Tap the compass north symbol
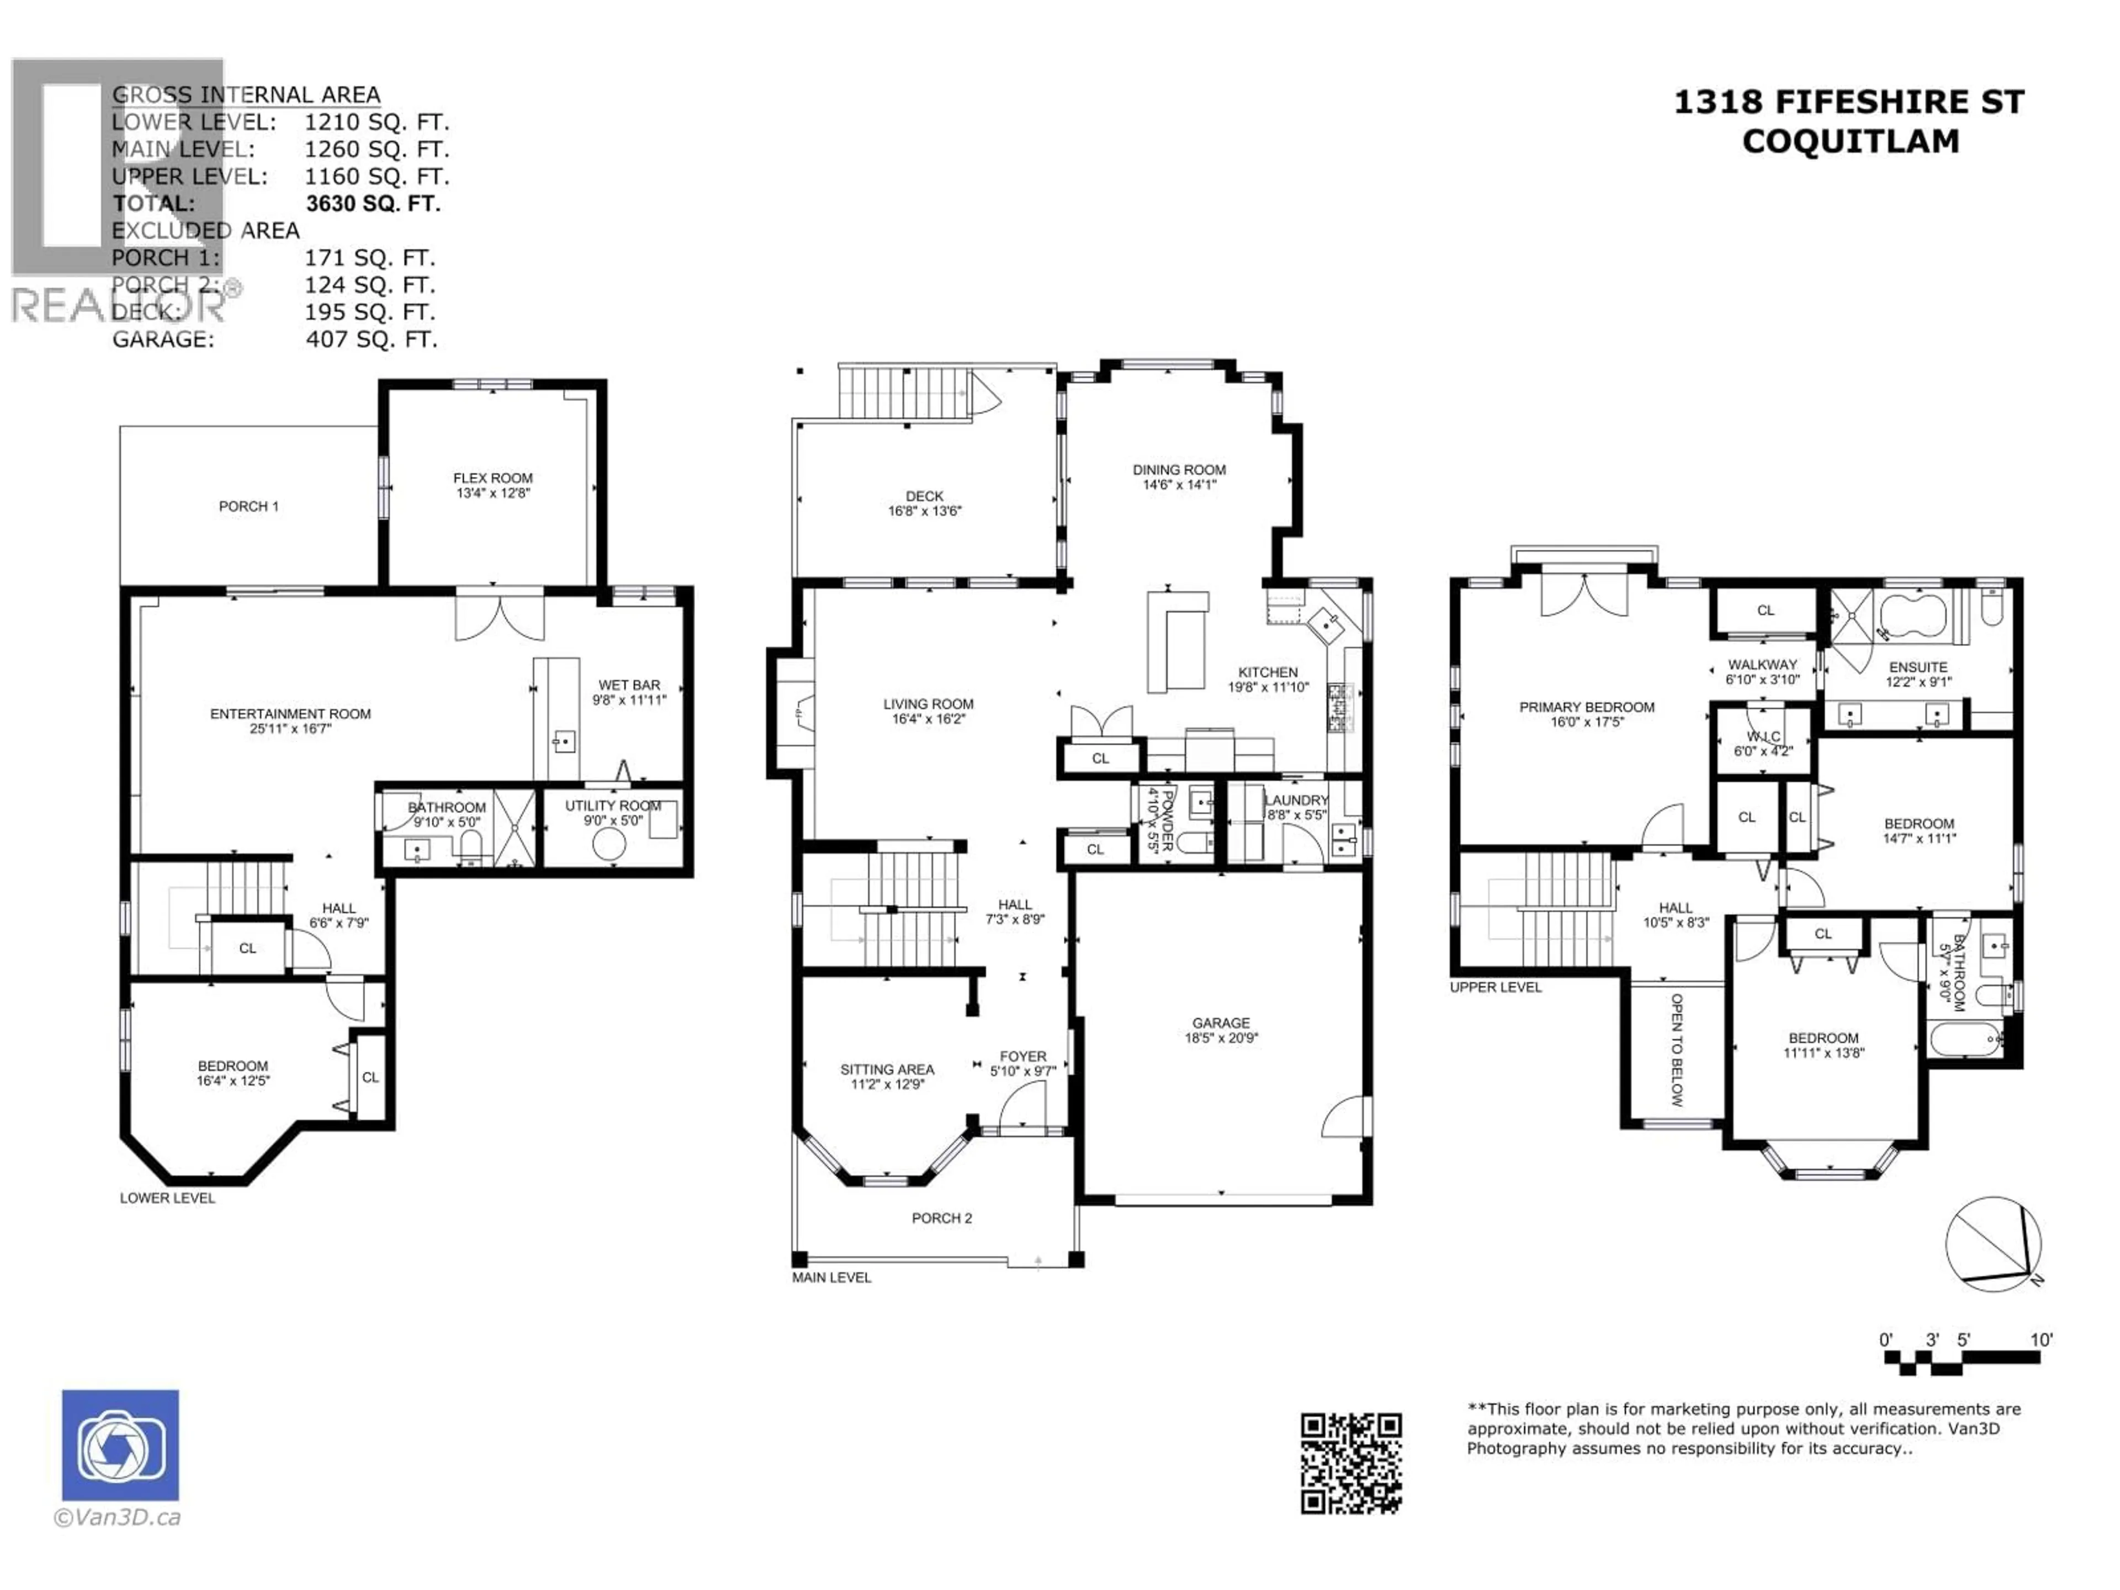point(1994,1244)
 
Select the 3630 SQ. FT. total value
point(373,203)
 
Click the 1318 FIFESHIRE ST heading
point(1849,103)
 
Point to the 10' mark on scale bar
point(2042,1340)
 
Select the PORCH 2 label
point(941,1218)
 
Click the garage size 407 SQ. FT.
point(371,340)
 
